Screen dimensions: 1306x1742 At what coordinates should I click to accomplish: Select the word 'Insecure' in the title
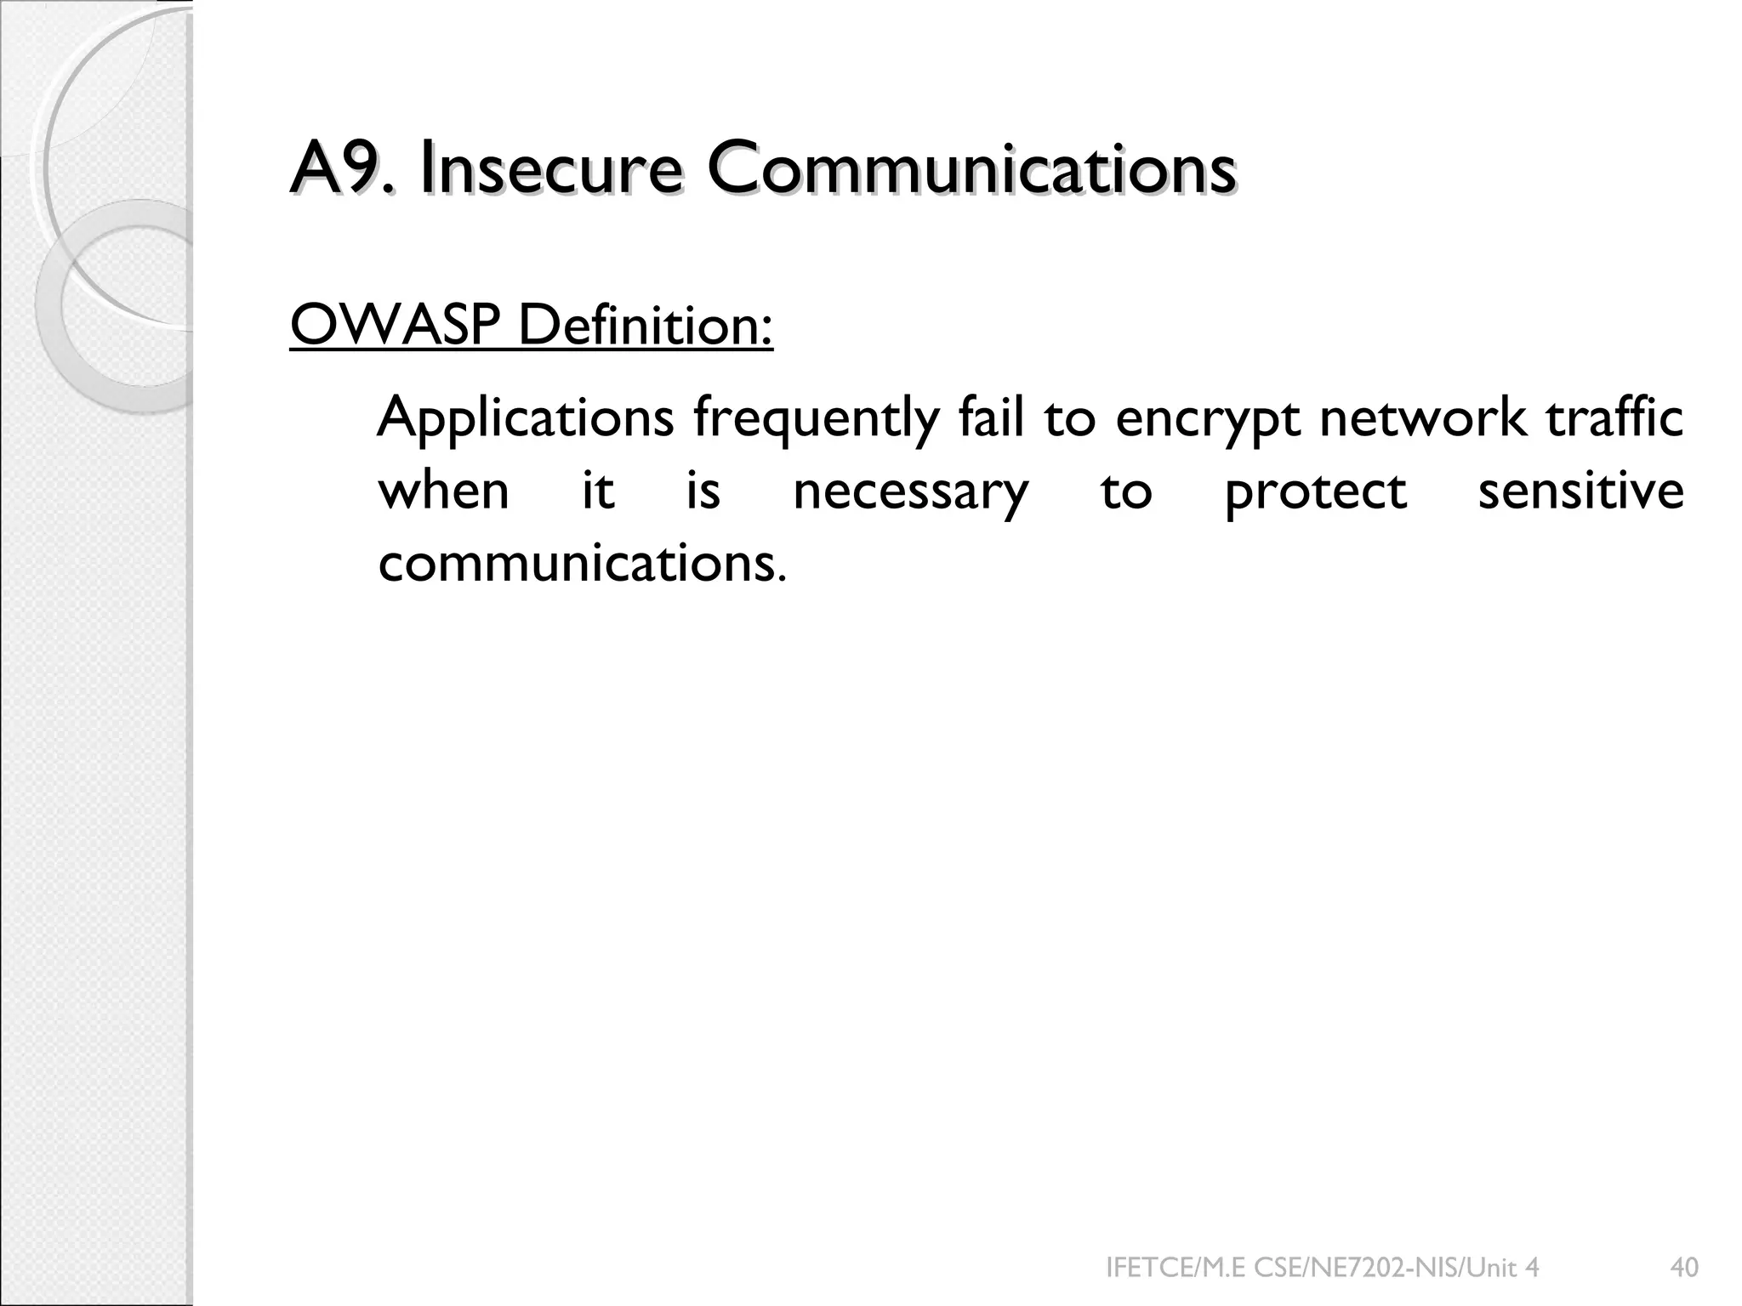click(549, 169)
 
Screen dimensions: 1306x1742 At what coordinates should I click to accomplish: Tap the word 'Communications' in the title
click(971, 169)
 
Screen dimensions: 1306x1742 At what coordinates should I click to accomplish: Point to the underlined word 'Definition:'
click(646, 326)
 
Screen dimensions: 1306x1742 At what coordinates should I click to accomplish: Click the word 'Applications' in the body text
click(526, 419)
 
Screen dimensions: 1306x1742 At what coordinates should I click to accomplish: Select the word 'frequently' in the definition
click(816, 419)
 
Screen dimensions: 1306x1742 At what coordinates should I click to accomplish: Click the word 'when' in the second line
click(443, 491)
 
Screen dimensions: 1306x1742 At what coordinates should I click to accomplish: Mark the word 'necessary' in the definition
click(910, 492)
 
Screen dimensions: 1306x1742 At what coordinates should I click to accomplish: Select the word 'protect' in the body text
click(1315, 492)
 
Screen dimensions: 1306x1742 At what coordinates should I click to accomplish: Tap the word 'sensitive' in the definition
click(1580, 491)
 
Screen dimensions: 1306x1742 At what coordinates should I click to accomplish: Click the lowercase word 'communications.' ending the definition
click(582, 563)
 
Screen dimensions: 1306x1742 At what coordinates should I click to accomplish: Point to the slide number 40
click(1684, 1268)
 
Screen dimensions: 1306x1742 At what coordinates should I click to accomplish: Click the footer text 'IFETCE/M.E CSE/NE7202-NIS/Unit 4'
click(1322, 1268)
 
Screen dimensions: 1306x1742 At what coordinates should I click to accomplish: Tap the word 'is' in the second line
click(703, 491)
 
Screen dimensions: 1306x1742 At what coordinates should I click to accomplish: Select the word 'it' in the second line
click(598, 491)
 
